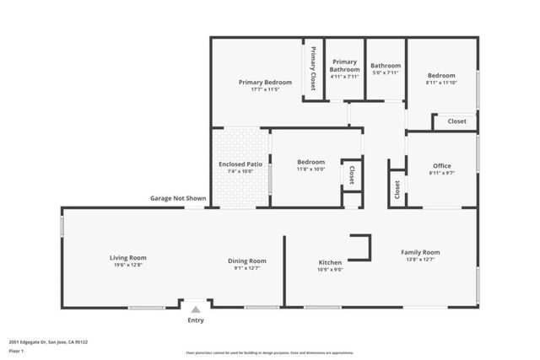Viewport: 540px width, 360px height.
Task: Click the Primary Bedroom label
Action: point(265,82)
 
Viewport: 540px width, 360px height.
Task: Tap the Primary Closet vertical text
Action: point(313,68)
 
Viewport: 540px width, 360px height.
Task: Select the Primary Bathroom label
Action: point(344,67)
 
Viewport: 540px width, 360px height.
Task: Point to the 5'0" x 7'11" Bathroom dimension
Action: point(386,73)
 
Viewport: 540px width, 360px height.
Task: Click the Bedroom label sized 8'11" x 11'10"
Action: point(440,75)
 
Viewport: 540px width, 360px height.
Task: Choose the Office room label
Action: point(441,165)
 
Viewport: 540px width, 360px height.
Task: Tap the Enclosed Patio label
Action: point(239,164)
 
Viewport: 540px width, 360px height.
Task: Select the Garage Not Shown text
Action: point(178,198)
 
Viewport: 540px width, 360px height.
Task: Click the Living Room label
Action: point(128,257)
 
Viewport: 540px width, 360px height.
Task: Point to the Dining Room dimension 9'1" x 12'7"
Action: point(246,268)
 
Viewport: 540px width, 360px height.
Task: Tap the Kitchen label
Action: point(329,262)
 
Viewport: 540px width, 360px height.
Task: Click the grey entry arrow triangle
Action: point(196,310)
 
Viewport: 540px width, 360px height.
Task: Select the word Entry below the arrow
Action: point(196,320)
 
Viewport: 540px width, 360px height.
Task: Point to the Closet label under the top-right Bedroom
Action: point(456,121)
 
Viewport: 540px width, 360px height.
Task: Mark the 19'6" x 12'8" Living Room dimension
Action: point(128,265)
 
